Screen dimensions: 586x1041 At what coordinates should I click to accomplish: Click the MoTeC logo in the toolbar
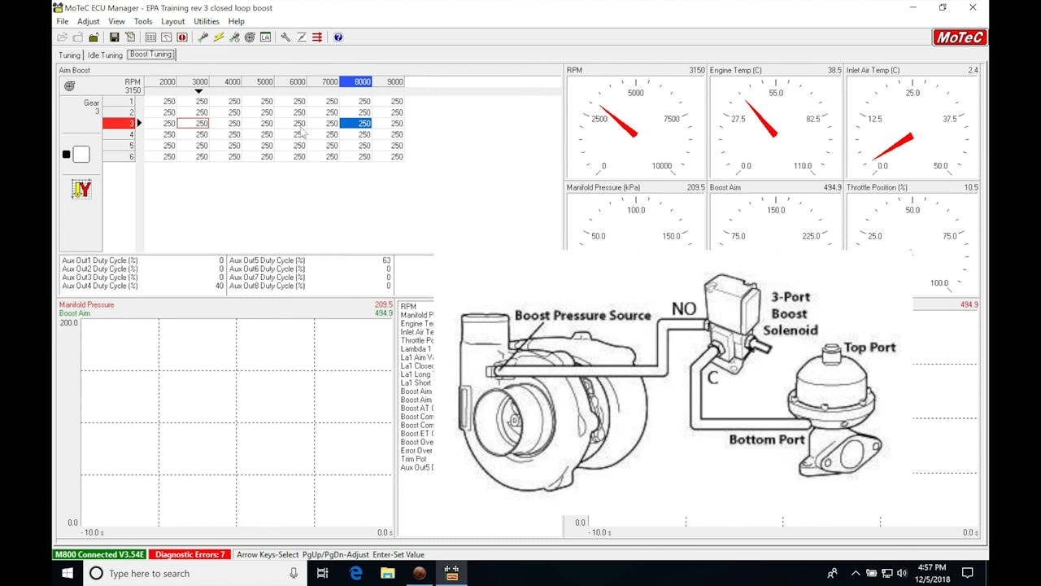coord(960,37)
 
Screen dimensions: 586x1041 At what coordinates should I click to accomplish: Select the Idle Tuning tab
coord(105,55)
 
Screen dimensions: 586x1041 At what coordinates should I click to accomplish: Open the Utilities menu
coord(206,21)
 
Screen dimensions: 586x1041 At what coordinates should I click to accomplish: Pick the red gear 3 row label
coord(119,124)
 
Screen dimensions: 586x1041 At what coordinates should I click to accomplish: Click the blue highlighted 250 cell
coord(355,124)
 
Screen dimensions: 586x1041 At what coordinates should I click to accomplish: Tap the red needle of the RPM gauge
coord(618,120)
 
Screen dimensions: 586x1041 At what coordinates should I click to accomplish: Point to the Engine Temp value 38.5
coord(834,71)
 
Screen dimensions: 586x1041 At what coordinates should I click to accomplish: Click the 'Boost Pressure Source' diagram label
coord(582,316)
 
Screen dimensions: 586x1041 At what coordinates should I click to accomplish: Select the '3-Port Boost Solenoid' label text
coord(790,313)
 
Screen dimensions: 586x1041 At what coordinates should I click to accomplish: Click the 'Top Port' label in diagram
coord(869,348)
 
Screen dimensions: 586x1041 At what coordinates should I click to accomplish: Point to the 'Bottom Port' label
coord(766,439)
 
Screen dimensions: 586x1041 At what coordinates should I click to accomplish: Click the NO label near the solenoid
coord(683,308)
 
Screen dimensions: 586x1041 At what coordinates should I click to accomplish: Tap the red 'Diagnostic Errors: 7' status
coord(189,554)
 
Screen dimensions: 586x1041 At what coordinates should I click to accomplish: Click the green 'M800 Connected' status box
coord(99,554)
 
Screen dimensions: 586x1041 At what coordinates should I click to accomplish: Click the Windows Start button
coord(68,573)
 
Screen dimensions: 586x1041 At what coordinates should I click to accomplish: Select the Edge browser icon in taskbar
coord(355,573)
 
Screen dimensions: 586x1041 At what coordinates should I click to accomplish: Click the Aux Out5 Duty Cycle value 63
coord(386,260)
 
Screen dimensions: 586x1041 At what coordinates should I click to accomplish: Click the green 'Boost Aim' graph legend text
coord(75,313)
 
